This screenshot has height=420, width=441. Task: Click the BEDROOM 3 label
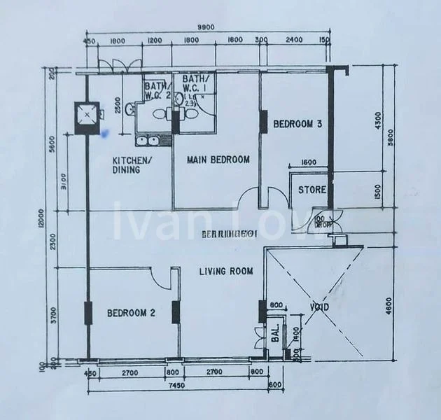click(297, 125)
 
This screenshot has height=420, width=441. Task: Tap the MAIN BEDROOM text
click(218, 160)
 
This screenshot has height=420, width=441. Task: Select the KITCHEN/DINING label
click(131, 164)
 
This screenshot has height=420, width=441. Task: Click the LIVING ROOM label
click(225, 271)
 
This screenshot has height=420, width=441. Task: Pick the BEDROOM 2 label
click(131, 314)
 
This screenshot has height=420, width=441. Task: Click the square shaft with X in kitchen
click(87, 113)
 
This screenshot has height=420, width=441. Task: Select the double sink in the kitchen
click(146, 141)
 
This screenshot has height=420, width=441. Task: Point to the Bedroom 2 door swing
click(160, 278)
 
